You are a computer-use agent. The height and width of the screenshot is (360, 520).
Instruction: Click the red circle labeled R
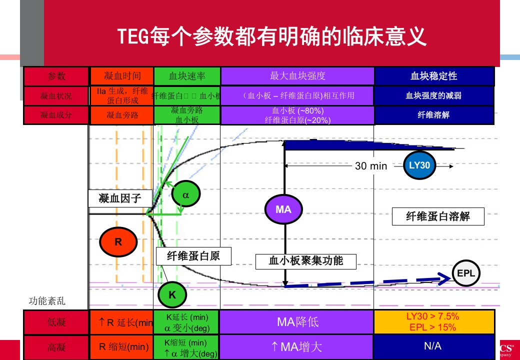pyautogui.click(x=118, y=242)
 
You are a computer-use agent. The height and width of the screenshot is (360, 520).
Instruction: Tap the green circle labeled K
pyautogui.click(x=172, y=295)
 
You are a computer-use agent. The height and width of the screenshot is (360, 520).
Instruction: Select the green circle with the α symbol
pyautogui.click(x=185, y=195)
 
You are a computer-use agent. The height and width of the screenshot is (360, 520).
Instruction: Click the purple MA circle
pyautogui.click(x=283, y=209)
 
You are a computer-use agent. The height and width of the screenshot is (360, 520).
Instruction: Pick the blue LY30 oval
pyautogui.click(x=419, y=165)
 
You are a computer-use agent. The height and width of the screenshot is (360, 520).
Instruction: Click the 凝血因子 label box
pyautogui.click(x=120, y=198)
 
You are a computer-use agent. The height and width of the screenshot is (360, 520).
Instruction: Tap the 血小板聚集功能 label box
pyautogui.click(x=306, y=261)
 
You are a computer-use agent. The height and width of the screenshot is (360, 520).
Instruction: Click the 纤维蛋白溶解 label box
pyautogui.click(x=438, y=216)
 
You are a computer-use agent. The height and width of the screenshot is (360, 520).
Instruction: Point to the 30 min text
pyautogui.click(x=371, y=166)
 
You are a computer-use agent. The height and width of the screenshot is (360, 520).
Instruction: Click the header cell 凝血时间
pyautogui.click(x=122, y=76)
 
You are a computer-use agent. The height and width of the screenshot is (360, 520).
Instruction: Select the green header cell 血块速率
pyautogui.click(x=187, y=76)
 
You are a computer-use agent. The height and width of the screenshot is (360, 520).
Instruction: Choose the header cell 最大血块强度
pyautogui.click(x=297, y=76)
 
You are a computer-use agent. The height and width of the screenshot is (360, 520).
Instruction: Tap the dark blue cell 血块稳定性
pyautogui.click(x=434, y=76)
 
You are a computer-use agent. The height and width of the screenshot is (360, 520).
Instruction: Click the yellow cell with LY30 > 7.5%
pyautogui.click(x=434, y=321)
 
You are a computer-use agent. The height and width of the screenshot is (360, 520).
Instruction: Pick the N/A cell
pyautogui.click(x=434, y=346)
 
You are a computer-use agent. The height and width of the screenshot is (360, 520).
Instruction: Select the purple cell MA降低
pyautogui.click(x=297, y=321)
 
